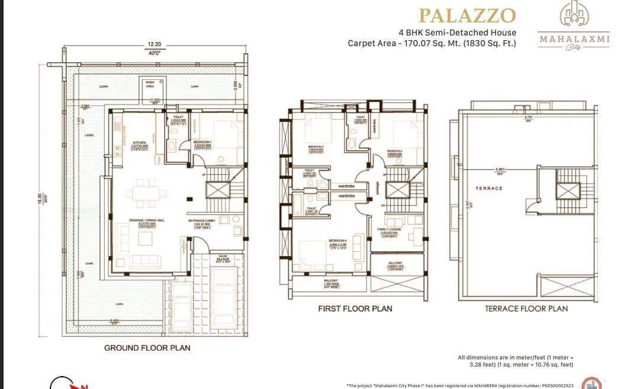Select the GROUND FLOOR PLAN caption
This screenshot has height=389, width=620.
point(147,348)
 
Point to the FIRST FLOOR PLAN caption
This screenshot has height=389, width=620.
point(355,308)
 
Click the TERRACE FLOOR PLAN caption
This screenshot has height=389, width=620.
point(526,308)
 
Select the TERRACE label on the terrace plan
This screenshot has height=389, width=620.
point(489,188)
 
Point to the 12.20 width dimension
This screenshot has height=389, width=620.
point(154,44)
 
